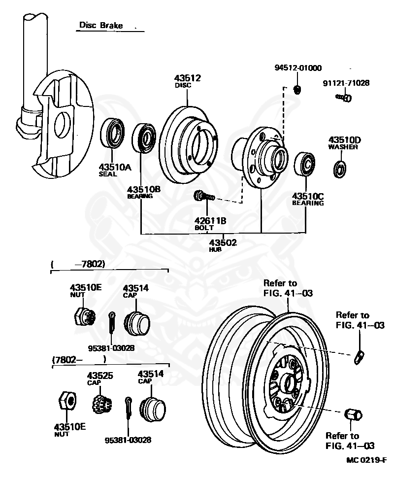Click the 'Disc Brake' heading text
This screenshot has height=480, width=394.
(x=100, y=25)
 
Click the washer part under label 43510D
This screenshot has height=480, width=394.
(x=339, y=169)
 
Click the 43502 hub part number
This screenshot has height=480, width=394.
(x=223, y=242)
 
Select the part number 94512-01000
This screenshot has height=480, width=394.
(x=297, y=68)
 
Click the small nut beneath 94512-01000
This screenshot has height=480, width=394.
(x=297, y=89)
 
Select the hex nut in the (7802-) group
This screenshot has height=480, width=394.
(x=66, y=400)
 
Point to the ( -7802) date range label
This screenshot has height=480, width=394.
(x=79, y=264)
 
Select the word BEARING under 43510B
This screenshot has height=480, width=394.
(x=140, y=196)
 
